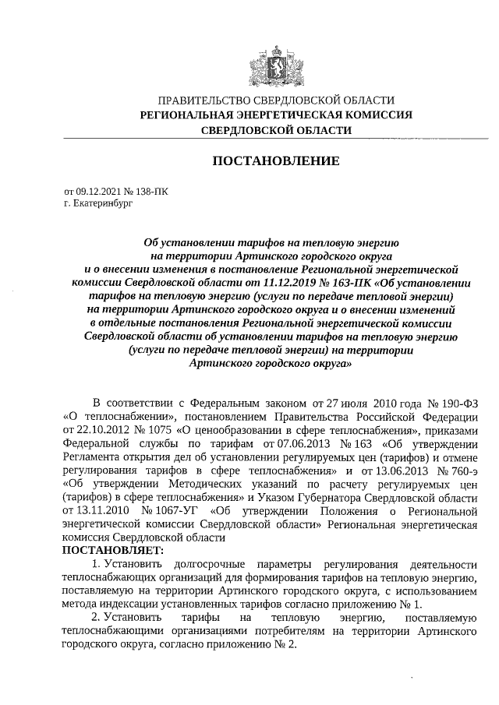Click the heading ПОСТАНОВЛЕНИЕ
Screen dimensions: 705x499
(276, 161)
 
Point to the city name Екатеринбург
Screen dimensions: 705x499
(99, 203)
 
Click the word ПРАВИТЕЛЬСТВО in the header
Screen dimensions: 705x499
(204, 100)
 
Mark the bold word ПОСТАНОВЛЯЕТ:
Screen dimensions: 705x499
(113, 551)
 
